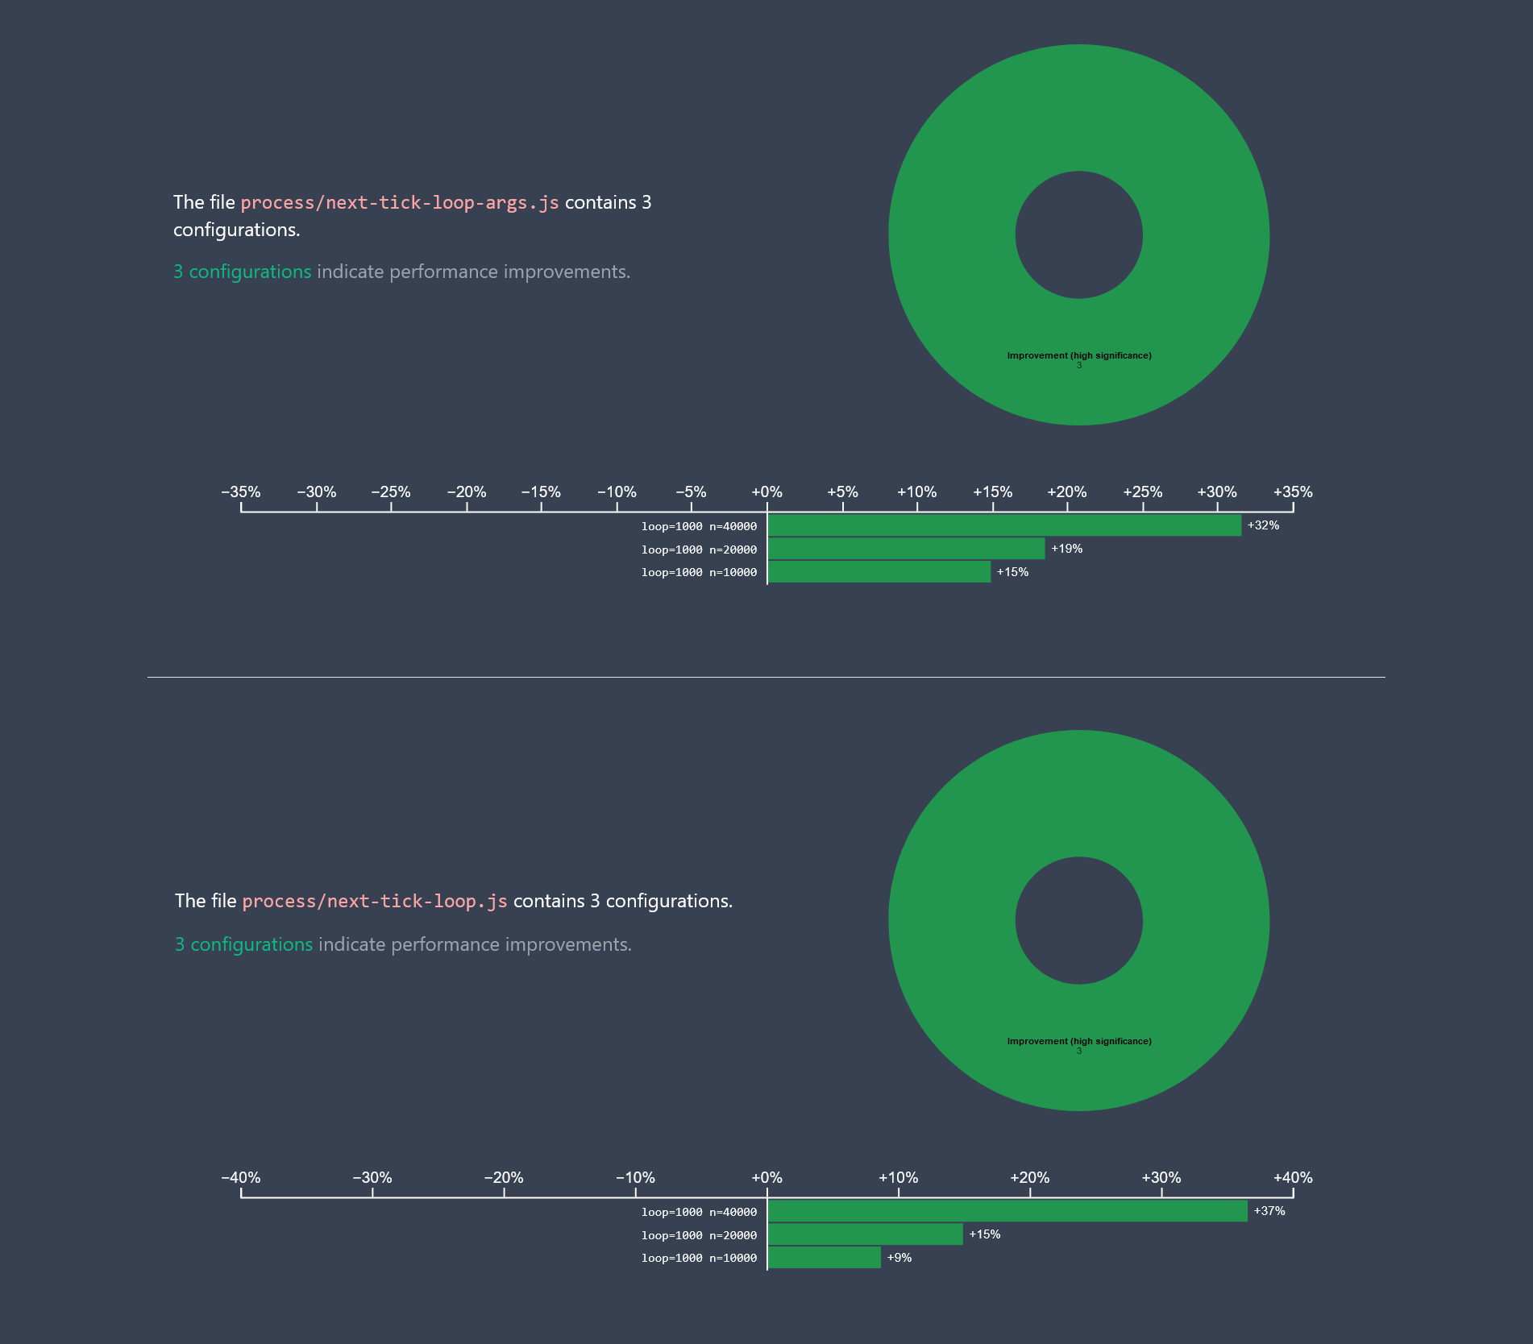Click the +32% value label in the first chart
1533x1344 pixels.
point(1263,525)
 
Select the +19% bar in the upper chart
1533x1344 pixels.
point(906,549)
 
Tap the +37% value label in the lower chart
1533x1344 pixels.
point(1269,1211)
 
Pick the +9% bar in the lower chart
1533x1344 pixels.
point(824,1258)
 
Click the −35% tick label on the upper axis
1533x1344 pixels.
point(241,492)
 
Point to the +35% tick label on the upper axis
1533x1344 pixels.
point(1293,492)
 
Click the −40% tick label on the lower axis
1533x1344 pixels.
point(241,1177)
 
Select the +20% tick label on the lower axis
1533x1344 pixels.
point(1029,1177)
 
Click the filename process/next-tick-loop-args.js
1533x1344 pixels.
point(400,202)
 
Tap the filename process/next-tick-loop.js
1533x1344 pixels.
point(375,901)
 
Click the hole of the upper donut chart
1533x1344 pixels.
point(1078,234)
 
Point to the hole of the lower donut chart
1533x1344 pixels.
point(1078,920)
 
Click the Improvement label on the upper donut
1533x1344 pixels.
point(1078,355)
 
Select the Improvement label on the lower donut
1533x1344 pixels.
point(1078,1041)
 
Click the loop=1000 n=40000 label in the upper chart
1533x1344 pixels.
point(699,526)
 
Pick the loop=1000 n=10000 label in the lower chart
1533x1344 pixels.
point(699,1258)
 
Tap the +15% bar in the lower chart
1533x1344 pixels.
point(865,1234)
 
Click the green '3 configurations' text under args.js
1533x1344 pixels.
point(242,272)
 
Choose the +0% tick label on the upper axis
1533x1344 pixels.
point(766,492)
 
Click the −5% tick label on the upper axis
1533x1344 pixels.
point(691,492)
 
